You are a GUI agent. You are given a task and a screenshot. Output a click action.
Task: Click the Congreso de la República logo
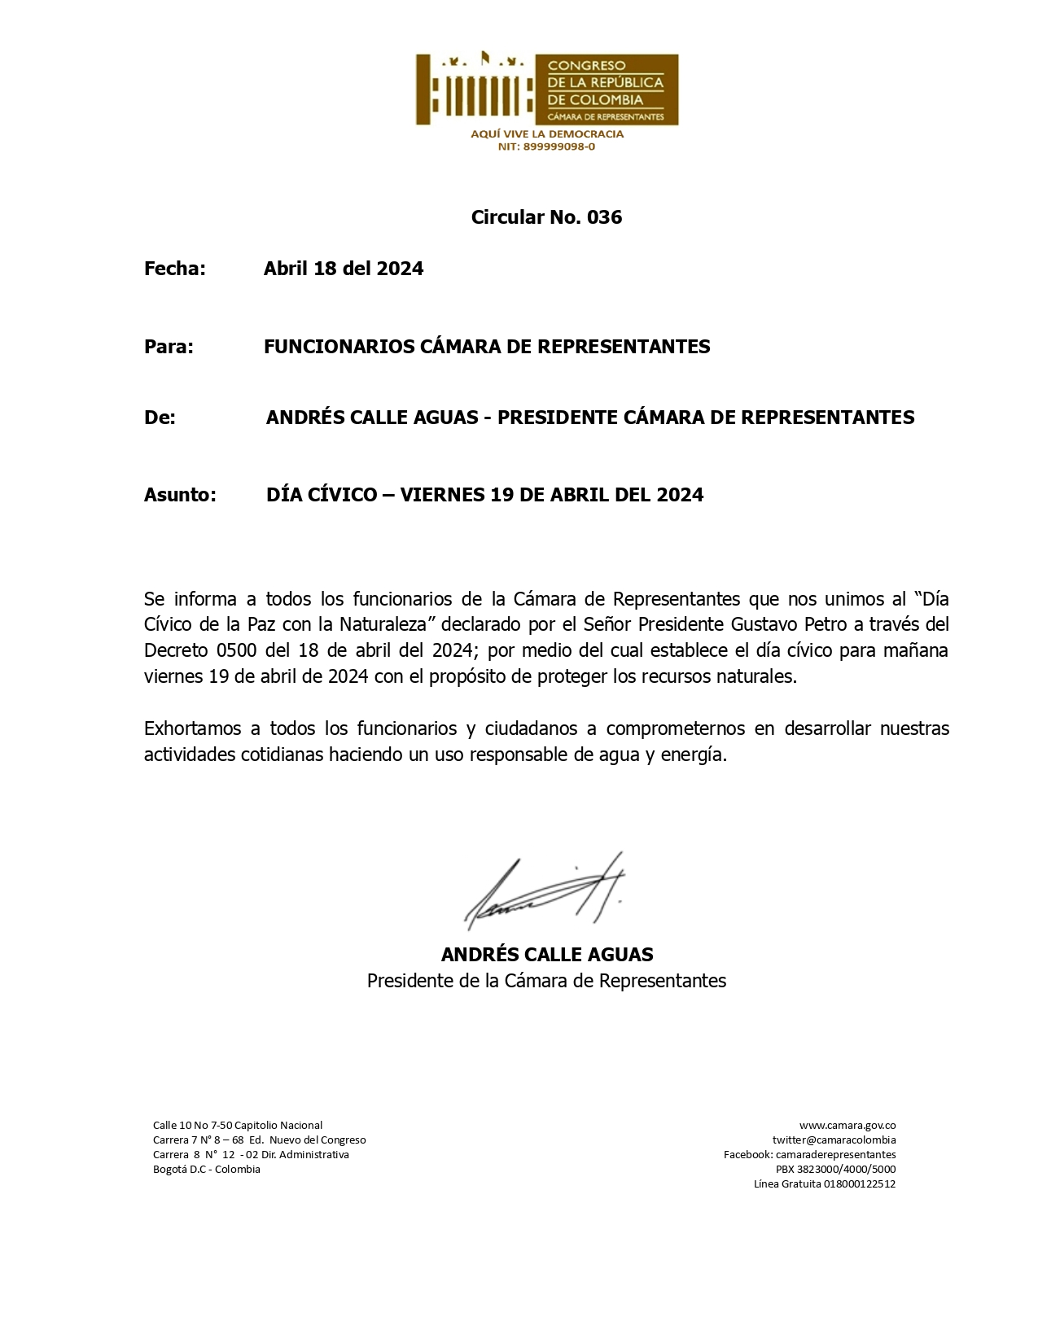pyautogui.click(x=546, y=90)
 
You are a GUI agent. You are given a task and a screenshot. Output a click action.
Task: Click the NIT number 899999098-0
pyautogui.click(x=546, y=147)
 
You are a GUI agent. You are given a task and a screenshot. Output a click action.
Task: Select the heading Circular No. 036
pyautogui.click(x=546, y=217)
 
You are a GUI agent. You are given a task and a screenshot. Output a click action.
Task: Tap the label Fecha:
pyautogui.click(x=175, y=269)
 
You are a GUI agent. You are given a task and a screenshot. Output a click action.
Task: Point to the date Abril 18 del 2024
pyautogui.click(x=343, y=269)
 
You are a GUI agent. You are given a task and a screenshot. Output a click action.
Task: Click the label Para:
pyautogui.click(x=169, y=347)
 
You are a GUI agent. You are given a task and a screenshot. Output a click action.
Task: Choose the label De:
pyautogui.click(x=160, y=418)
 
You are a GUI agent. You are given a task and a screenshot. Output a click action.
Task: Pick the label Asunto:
pyautogui.click(x=180, y=495)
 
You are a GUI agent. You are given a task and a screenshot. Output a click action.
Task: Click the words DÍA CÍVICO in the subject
pyautogui.click(x=322, y=495)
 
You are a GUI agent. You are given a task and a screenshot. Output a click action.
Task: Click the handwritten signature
pyautogui.click(x=544, y=892)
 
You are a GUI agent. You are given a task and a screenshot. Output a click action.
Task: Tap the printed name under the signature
pyautogui.click(x=546, y=955)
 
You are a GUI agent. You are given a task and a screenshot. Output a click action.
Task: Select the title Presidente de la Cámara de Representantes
pyautogui.click(x=546, y=981)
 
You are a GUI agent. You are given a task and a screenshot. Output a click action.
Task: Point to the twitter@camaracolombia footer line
pyautogui.click(x=834, y=1140)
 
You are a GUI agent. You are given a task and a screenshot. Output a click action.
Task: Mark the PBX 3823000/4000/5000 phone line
pyautogui.click(x=835, y=1170)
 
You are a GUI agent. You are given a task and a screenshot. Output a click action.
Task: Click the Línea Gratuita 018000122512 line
pyautogui.click(x=824, y=1184)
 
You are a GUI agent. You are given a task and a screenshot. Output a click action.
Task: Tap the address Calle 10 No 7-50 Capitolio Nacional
pyautogui.click(x=238, y=1126)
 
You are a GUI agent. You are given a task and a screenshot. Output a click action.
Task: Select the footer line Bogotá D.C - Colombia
pyautogui.click(x=207, y=1170)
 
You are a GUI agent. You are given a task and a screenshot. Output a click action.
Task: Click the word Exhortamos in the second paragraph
pyautogui.click(x=191, y=728)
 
